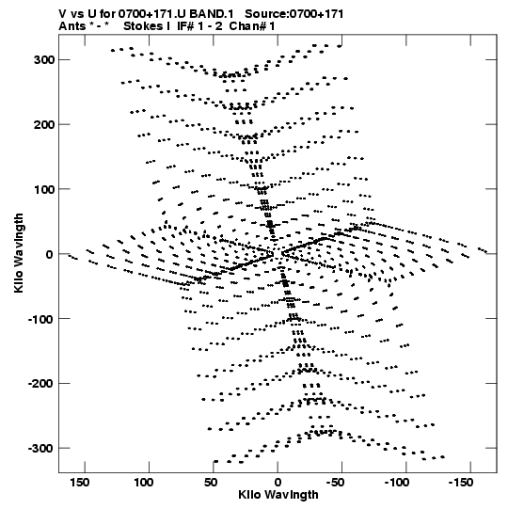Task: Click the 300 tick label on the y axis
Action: click(44, 60)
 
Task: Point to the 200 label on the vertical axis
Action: click(44, 124)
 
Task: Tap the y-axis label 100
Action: click(44, 189)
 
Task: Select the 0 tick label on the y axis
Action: click(50, 254)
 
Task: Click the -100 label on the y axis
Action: click(40, 319)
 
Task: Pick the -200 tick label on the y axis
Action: click(40, 383)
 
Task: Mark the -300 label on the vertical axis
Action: click(40, 448)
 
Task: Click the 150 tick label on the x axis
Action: click(80, 483)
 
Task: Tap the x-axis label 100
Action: click(144, 483)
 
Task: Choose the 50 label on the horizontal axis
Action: click(211, 483)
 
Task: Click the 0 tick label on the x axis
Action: click(278, 483)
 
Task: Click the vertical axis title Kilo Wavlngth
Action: click(19, 253)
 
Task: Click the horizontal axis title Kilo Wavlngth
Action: click(278, 495)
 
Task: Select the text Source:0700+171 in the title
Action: click(294, 14)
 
